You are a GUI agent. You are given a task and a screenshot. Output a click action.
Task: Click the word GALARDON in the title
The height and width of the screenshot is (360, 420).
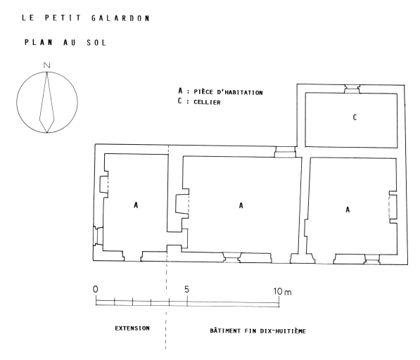click(120, 18)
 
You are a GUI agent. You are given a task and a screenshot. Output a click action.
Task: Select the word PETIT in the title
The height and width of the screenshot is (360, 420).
click(63, 18)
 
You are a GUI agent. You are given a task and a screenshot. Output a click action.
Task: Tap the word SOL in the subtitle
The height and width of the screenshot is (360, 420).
click(96, 43)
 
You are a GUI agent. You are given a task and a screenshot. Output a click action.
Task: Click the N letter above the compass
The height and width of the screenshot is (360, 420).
click(47, 65)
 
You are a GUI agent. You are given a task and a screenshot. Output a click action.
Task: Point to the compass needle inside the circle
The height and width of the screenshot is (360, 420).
click(47, 103)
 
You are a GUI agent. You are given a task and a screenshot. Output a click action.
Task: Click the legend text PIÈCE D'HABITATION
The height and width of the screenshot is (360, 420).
click(228, 92)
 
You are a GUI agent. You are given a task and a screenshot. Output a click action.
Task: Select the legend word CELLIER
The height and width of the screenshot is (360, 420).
click(207, 102)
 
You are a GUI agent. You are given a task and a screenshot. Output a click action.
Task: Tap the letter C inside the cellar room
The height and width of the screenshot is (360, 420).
click(355, 117)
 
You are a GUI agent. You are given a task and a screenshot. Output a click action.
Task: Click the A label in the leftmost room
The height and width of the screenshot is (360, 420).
click(136, 205)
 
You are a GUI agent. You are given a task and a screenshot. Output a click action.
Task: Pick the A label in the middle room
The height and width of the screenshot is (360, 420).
click(241, 205)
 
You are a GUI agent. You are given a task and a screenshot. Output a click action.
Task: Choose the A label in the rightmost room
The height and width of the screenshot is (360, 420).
click(348, 210)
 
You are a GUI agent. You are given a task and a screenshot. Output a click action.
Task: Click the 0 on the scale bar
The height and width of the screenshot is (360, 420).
click(96, 289)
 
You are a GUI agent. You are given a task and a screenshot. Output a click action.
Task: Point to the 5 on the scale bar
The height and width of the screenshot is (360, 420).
click(186, 290)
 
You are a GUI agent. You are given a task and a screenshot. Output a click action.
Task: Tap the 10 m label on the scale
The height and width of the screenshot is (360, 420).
click(282, 291)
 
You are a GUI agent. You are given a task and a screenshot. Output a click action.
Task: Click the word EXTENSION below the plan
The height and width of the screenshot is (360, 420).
click(132, 328)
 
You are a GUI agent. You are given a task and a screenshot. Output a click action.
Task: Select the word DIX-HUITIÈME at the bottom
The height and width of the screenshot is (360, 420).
click(283, 331)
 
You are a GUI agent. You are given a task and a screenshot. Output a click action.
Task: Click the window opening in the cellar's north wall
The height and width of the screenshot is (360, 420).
click(352, 89)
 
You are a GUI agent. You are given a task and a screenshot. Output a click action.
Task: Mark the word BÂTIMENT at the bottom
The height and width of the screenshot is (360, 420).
click(225, 330)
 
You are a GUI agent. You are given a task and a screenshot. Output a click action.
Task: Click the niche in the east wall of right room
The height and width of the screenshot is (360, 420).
click(393, 207)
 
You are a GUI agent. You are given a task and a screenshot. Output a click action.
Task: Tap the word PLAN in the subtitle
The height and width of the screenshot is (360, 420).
click(38, 42)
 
